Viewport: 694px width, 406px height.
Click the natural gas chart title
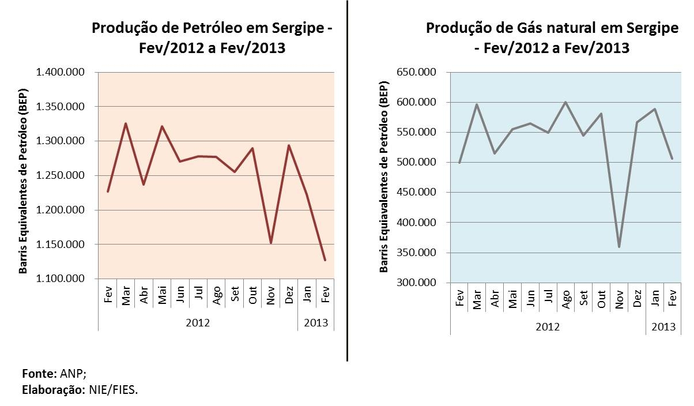point(552,37)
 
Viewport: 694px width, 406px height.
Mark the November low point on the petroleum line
point(271,243)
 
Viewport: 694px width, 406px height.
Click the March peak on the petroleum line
point(126,123)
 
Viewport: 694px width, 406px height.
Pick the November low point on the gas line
point(619,247)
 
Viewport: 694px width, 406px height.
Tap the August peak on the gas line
point(565,102)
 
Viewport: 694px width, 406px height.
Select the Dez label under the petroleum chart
point(289,296)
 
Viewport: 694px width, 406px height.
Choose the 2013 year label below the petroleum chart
point(316,323)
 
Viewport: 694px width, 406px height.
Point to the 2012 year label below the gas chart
point(548,327)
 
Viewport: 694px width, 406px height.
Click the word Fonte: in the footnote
point(39,373)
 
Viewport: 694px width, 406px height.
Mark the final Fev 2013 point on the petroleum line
point(325,260)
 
